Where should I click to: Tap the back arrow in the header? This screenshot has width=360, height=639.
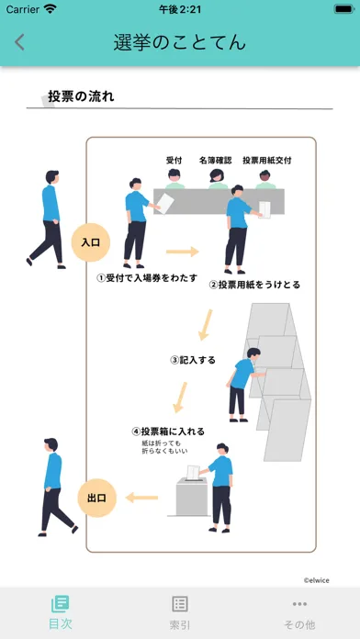click(x=19, y=42)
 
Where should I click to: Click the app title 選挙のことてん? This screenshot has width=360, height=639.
click(x=180, y=43)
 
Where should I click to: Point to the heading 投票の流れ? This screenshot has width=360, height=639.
click(x=81, y=96)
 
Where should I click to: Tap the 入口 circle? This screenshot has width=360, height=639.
click(x=91, y=242)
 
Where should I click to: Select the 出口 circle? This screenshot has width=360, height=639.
click(x=97, y=498)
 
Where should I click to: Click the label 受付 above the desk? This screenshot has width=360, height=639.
click(x=174, y=160)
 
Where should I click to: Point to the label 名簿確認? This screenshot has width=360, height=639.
click(x=215, y=160)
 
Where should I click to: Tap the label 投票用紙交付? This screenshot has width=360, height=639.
click(x=266, y=160)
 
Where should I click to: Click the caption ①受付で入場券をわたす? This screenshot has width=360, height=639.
click(x=147, y=278)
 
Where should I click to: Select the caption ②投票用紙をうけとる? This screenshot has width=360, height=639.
click(x=254, y=285)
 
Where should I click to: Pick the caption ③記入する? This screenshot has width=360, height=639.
click(x=193, y=360)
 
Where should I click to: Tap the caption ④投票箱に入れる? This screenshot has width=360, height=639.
click(x=168, y=432)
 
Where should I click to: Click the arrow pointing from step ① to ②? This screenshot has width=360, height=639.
click(x=182, y=252)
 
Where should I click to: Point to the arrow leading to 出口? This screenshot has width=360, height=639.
click(x=141, y=498)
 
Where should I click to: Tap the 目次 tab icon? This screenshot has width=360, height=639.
click(x=60, y=603)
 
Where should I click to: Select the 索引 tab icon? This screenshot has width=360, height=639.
click(x=180, y=604)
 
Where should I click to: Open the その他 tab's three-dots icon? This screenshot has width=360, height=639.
click(x=299, y=604)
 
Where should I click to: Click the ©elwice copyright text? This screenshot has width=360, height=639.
click(x=316, y=580)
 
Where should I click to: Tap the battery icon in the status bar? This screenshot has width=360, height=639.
click(x=343, y=9)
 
